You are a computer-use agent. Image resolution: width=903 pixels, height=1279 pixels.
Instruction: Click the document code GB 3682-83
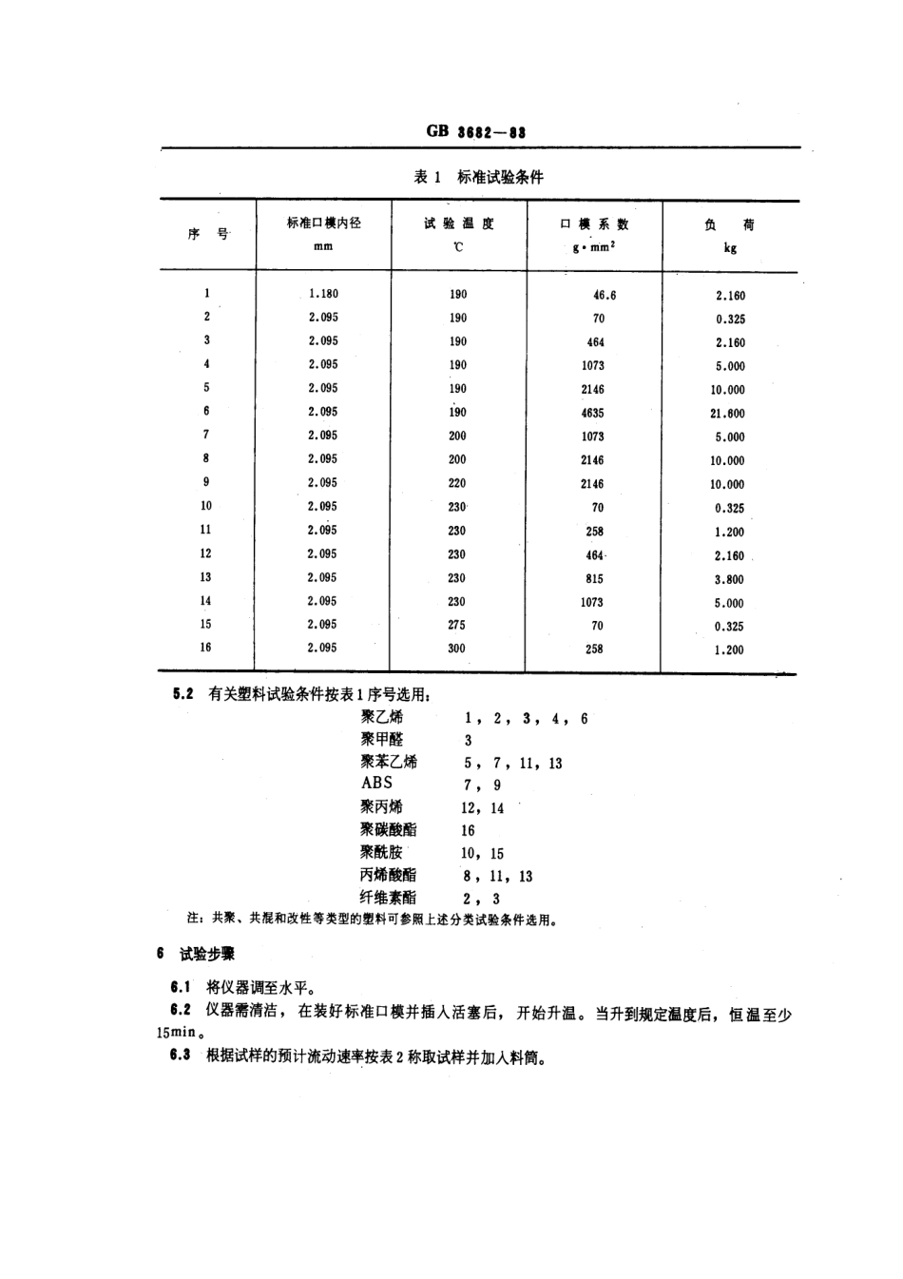click(476, 131)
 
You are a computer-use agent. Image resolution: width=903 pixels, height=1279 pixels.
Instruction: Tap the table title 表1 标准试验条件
click(478, 177)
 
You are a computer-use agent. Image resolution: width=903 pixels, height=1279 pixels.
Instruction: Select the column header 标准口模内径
click(323, 223)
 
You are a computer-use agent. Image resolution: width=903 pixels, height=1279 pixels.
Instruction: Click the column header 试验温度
click(458, 223)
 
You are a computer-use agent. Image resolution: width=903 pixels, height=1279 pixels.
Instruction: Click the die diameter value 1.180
click(323, 294)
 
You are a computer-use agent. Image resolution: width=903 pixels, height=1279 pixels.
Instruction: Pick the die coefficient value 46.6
click(604, 295)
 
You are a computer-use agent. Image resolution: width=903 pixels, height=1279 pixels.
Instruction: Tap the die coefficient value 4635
click(592, 413)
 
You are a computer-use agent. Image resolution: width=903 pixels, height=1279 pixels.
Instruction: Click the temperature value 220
click(457, 483)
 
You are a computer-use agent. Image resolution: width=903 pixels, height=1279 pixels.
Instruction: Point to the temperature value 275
click(457, 625)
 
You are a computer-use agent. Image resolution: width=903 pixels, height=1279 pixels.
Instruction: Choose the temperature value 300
click(457, 648)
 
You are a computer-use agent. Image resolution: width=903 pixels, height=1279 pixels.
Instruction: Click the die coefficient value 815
click(594, 578)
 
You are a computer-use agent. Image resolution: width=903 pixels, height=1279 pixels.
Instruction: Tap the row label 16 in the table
click(206, 647)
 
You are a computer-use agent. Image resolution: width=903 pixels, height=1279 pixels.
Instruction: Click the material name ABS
click(376, 783)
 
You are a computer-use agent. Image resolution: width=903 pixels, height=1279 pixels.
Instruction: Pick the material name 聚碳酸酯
click(388, 829)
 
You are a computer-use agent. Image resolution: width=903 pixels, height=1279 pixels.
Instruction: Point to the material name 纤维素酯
click(388, 897)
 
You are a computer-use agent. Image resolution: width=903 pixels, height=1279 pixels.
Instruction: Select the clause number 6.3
click(181, 1055)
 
